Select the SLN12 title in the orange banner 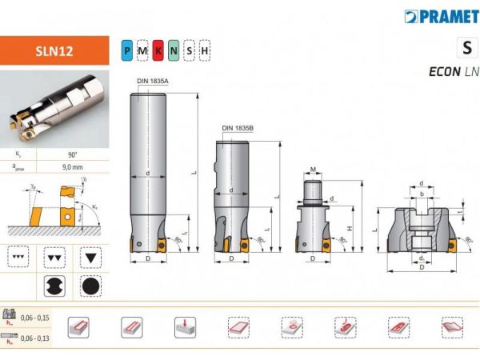(55, 50)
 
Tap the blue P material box (127, 51)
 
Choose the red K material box (158, 51)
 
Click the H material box (205, 51)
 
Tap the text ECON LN (454, 71)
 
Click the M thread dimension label (314, 170)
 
